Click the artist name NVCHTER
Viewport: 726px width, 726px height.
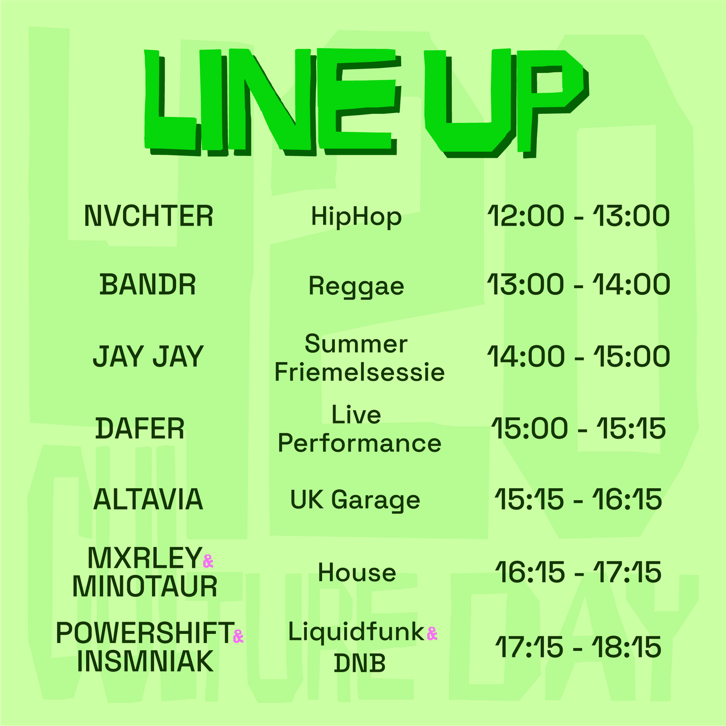pyautogui.click(x=148, y=216)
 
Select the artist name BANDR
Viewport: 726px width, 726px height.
pyautogui.click(x=147, y=285)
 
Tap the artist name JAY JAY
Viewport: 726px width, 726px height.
pyautogui.click(x=148, y=357)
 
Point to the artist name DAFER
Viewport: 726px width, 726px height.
pyautogui.click(x=140, y=428)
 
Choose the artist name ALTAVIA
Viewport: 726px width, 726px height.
pyautogui.click(x=148, y=500)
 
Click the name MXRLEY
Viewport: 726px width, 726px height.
pyautogui.click(x=145, y=558)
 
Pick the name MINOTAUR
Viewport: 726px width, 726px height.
pyautogui.click(x=145, y=586)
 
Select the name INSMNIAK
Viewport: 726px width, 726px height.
pyautogui.click(x=145, y=662)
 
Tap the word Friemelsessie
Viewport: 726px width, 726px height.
pyautogui.click(x=359, y=372)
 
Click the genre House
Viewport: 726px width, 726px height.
pyautogui.click(x=357, y=572)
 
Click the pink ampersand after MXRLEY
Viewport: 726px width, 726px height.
pyautogui.click(x=208, y=561)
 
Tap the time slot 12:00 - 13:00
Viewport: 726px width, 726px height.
pyautogui.click(x=579, y=216)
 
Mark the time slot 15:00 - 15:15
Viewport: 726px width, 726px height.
pyautogui.click(x=579, y=428)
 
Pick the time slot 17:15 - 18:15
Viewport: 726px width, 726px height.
pyautogui.click(x=579, y=647)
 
